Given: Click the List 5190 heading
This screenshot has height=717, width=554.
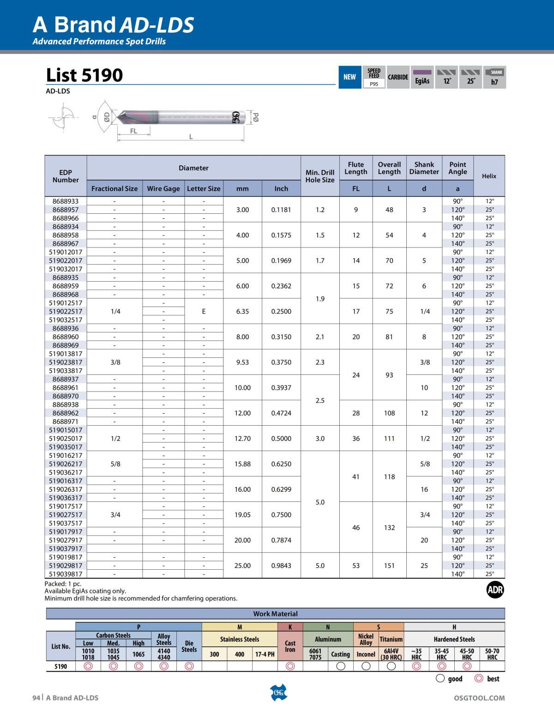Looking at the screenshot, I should pyautogui.click(x=84, y=75).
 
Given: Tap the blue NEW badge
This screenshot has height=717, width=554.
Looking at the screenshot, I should pyautogui.click(x=349, y=77).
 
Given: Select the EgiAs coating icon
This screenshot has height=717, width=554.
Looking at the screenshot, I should pyautogui.click(x=422, y=77).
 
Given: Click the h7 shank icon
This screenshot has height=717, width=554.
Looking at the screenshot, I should pyautogui.click(x=494, y=77).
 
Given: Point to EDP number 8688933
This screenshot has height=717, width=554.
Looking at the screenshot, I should pyautogui.click(x=66, y=201).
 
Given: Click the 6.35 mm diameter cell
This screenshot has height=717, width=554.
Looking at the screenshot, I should pyautogui.click(x=242, y=311).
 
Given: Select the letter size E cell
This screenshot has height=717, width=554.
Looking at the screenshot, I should pyautogui.click(x=204, y=311).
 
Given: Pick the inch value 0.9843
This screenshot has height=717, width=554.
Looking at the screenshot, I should pyautogui.click(x=281, y=566).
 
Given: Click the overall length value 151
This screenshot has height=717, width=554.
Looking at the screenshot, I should pyautogui.click(x=389, y=566).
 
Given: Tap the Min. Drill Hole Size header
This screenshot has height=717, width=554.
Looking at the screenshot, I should pyautogui.click(x=320, y=176).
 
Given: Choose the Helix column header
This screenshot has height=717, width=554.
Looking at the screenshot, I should pyautogui.click(x=489, y=176).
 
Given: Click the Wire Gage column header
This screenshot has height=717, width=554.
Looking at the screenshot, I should pyautogui.click(x=163, y=188).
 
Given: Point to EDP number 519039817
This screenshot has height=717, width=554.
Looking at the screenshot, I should pyautogui.click(x=66, y=574).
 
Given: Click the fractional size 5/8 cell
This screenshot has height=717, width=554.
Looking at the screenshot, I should pyautogui.click(x=115, y=464).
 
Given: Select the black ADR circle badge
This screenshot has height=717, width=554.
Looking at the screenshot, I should pyautogui.click(x=495, y=590).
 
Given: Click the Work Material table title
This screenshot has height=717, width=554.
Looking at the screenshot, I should pyautogui.click(x=275, y=614).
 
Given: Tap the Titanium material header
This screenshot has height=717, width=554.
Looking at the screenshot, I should pyautogui.click(x=391, y=639).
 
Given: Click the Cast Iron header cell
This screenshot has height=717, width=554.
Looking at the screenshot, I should pyautogui.click(x=290, y=646).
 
